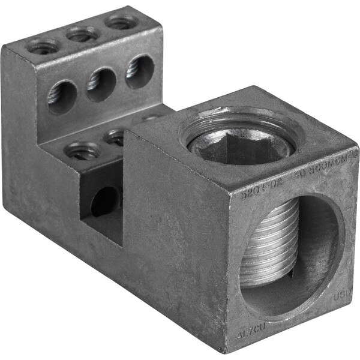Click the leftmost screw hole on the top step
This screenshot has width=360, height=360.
coord(43,46)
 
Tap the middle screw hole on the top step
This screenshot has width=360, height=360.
coord(82,35)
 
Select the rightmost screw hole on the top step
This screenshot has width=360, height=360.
coord(121,23)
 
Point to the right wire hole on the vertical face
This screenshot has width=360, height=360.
coord(140,70)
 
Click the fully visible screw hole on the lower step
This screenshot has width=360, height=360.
coord(82,151)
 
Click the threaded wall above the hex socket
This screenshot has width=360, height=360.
coord(240,119)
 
